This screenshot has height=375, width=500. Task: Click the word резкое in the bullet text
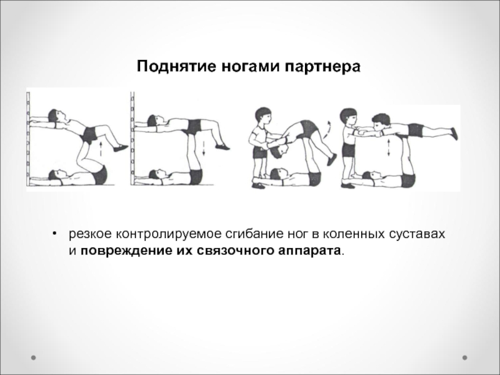(90, 234)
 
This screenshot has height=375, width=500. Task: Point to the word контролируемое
(167, 234)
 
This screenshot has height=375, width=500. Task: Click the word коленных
(354, 234)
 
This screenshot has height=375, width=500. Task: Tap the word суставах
(417, 234)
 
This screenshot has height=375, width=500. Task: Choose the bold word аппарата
(309, 251)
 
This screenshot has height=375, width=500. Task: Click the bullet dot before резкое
(55, 234)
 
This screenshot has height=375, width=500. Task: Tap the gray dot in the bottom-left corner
(33, 357)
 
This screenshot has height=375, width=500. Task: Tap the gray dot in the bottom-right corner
(465, 357)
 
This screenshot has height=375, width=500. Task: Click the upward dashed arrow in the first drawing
(101, 149)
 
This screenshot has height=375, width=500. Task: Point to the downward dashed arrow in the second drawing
(204, 148)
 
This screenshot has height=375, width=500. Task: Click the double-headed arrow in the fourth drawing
(388, 147)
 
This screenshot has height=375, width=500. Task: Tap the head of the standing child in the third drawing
(263, 116)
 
